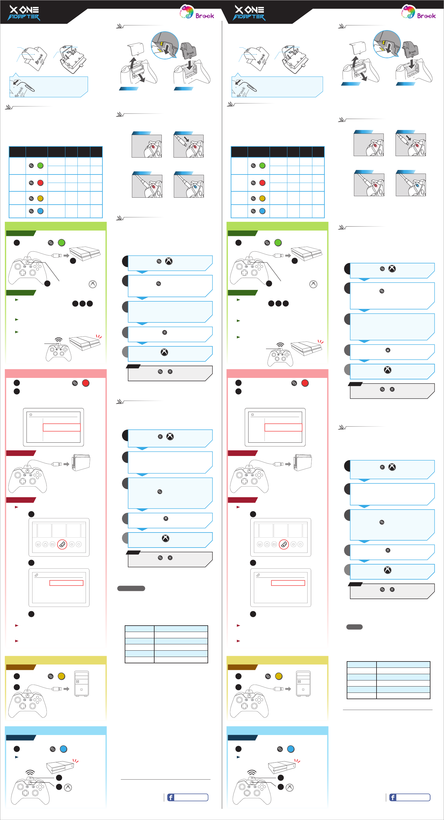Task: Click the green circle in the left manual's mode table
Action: [x=40, y=165]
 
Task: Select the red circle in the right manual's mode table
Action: [x=262, y=183]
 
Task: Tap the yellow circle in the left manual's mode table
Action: [x=40, y=198]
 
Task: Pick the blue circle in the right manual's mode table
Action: [x=262, y=211]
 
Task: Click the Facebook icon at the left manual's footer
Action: [x=170, y=797]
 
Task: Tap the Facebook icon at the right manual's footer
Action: [x=392, y=797]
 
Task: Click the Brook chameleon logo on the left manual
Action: [x=187, y=12]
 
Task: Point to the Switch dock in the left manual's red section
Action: [x=81, y=462]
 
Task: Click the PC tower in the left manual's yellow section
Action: [x=81, y=683]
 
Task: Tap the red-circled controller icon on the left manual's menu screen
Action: [x=62, y=544]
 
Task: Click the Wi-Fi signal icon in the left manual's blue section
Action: [x=30, y=772]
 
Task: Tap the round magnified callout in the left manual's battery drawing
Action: [x=165, y=45]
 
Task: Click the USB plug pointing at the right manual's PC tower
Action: [x=280, y=689]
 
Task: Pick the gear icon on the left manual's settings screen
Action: [x=31, y=415]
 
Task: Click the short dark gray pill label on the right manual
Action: [x=354, y=627]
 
